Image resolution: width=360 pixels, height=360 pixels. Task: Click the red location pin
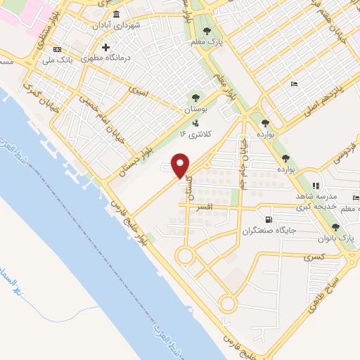tap(181, 165)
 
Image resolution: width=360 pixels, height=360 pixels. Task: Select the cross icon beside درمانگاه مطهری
tap(105, 48)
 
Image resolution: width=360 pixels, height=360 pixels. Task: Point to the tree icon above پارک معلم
tap(207, 30)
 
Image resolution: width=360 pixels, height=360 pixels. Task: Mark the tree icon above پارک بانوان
tap(336, 227)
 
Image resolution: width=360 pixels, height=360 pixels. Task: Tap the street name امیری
tap(137, 91)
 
